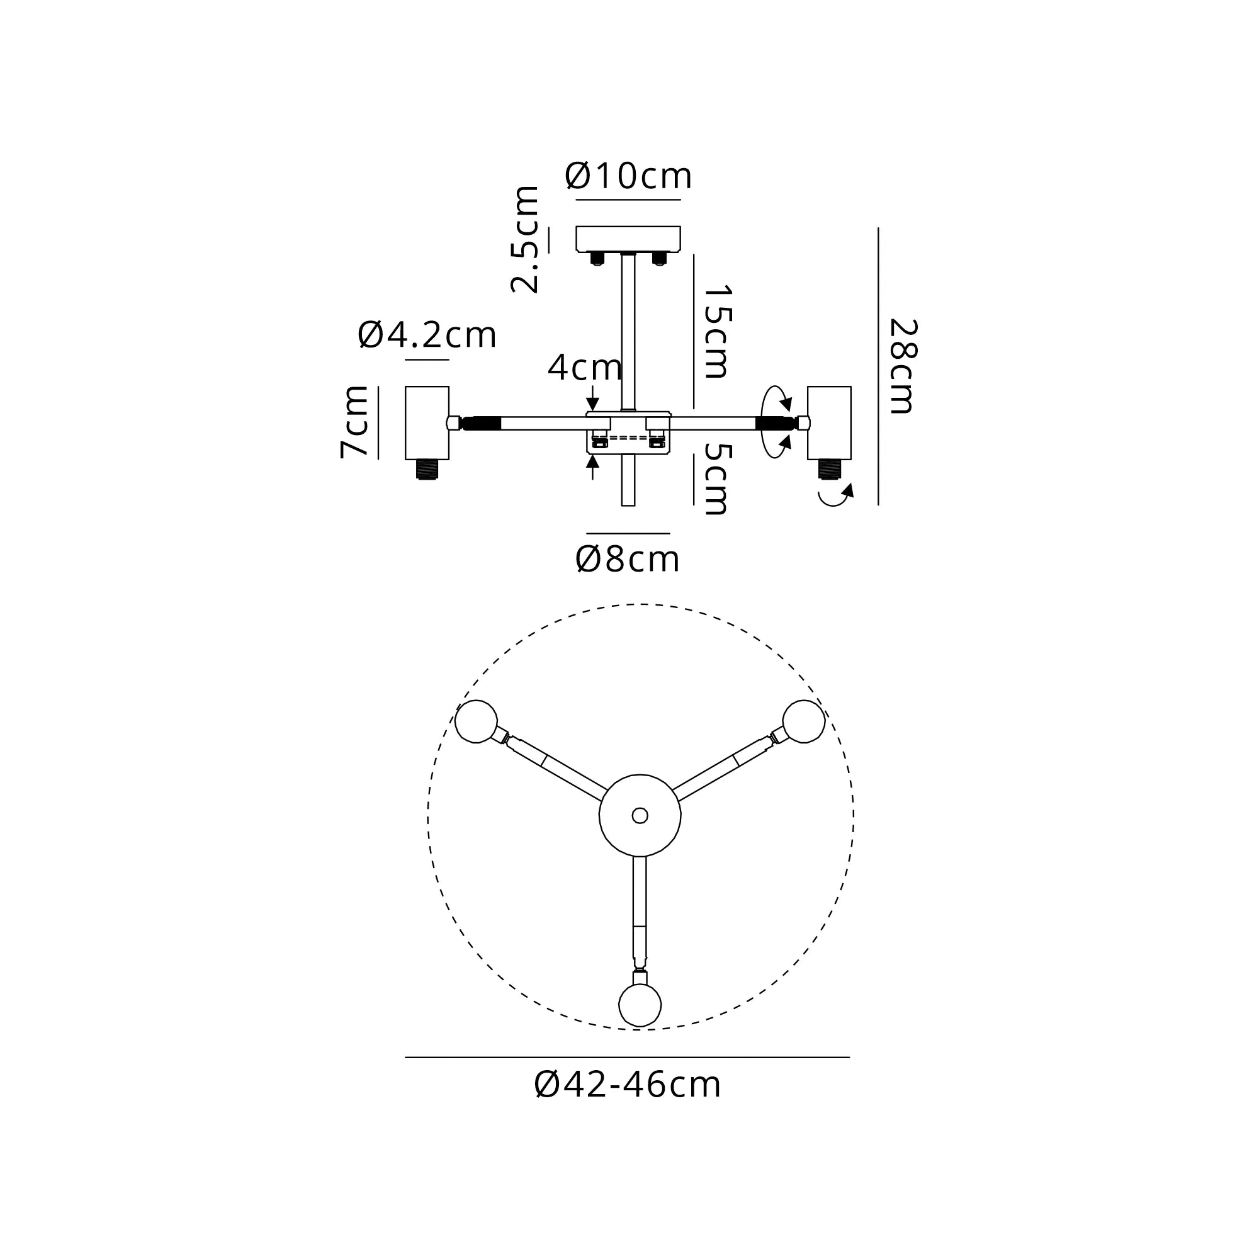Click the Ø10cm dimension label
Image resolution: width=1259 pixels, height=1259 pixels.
[x=628, y=176]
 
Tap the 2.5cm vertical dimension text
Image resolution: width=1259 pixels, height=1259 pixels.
[x=525, y=239]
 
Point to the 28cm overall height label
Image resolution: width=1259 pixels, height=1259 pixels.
[x=903, y=366]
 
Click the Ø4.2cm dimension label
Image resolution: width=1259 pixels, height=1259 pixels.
[x=427, y=335]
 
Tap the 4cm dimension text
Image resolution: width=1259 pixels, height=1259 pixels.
[x=585, y=368]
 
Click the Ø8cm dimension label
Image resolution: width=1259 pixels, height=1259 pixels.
[x=628, y=559]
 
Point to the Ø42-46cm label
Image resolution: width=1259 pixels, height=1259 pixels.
[x=628, y=1085]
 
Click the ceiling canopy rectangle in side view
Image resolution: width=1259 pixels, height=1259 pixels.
[x=628, y=239]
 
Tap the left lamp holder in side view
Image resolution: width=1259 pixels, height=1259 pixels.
[x=427, y=422]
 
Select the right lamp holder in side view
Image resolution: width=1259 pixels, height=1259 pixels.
[x=829, y=422]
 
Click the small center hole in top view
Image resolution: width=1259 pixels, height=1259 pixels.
[x=640, y=815]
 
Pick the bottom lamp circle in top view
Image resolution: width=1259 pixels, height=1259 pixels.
[x=640, y=1005]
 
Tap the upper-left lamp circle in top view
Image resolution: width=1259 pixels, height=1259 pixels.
[x=477, y=721]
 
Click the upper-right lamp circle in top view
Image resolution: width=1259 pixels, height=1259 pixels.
[x=803, y=721]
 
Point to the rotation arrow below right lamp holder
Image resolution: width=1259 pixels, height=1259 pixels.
[x=835, y=496]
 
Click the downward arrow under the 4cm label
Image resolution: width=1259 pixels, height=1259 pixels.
[x=592, y=397]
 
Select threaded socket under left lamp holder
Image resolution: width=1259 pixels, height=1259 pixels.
[x=427, y=469]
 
